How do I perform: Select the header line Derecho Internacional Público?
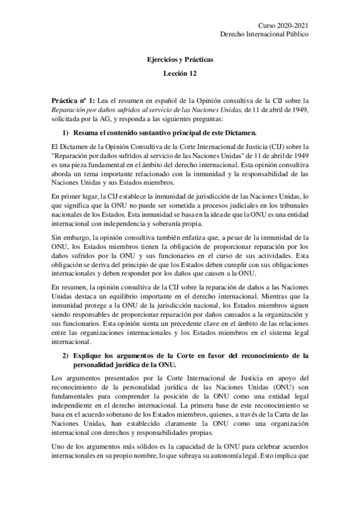[265, 35]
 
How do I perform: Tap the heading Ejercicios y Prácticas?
[180, 60]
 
